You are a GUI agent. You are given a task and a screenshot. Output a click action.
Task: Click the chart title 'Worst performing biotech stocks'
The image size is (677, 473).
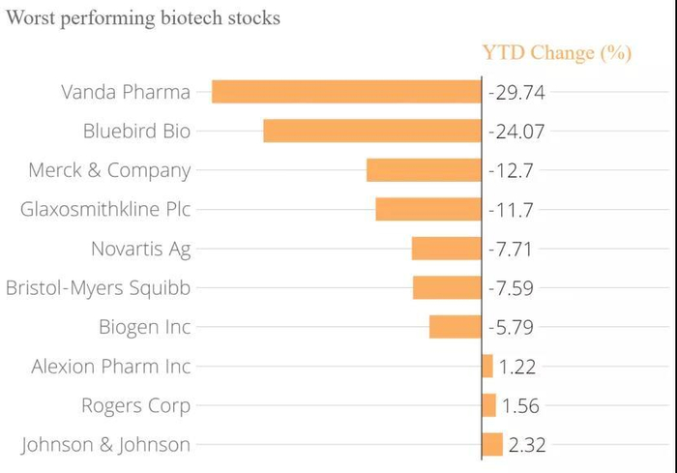(143, 18)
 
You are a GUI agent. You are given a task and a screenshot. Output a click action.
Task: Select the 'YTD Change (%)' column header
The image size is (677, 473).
(556, 52)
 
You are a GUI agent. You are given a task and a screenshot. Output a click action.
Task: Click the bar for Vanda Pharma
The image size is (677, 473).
(346, 92)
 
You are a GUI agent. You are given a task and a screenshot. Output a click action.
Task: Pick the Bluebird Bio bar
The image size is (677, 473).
(372, 131)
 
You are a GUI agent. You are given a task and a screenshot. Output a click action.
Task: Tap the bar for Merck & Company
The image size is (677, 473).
(424, 170)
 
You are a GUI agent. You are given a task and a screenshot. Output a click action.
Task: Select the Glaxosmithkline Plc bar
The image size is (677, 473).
(428, 209)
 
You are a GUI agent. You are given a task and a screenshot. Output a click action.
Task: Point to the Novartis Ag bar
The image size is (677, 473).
(446, 249)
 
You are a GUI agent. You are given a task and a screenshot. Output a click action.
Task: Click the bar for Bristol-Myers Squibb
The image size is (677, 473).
(447, 287)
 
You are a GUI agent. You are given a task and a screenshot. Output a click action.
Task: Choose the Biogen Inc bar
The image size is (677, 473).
(455, 327)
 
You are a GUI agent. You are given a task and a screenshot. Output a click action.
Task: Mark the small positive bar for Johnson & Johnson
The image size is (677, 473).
(492, 444)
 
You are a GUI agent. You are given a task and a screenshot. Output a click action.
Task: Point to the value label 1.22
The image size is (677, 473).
(518, 367)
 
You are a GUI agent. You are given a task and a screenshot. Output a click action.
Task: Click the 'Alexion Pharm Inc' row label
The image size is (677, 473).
(111, 367)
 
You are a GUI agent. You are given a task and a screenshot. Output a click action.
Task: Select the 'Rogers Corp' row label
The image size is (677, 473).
(135, 405)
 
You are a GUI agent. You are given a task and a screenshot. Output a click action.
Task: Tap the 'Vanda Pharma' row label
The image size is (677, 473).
(126, 93)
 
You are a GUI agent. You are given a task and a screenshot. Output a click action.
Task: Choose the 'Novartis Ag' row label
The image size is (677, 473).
(141, 249)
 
